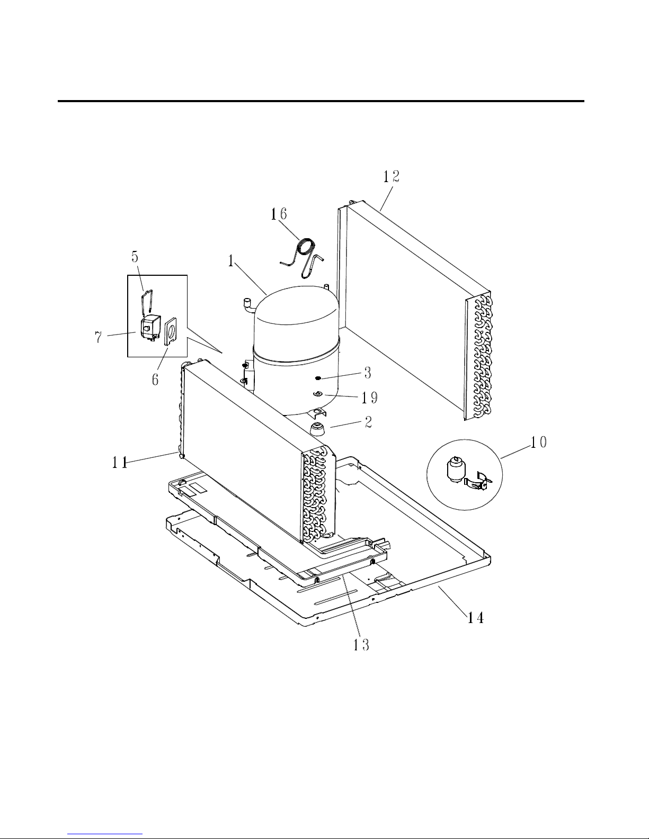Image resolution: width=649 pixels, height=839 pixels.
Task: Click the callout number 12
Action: coord(391,176)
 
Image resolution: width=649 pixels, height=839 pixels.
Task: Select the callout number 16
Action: coord(279,214)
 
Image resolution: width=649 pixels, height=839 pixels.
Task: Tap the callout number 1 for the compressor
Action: coord(230,261)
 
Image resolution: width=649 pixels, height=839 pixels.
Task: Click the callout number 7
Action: coord(99,337)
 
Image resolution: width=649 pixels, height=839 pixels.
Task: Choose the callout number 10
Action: coord(539,442)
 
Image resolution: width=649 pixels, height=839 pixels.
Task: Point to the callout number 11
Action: coord(119,462)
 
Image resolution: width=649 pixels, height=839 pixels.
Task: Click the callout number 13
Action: coord(361,645)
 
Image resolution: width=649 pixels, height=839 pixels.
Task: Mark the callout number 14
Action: coord(475,617)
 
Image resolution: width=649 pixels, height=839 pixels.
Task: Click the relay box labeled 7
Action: coord(150,327)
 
